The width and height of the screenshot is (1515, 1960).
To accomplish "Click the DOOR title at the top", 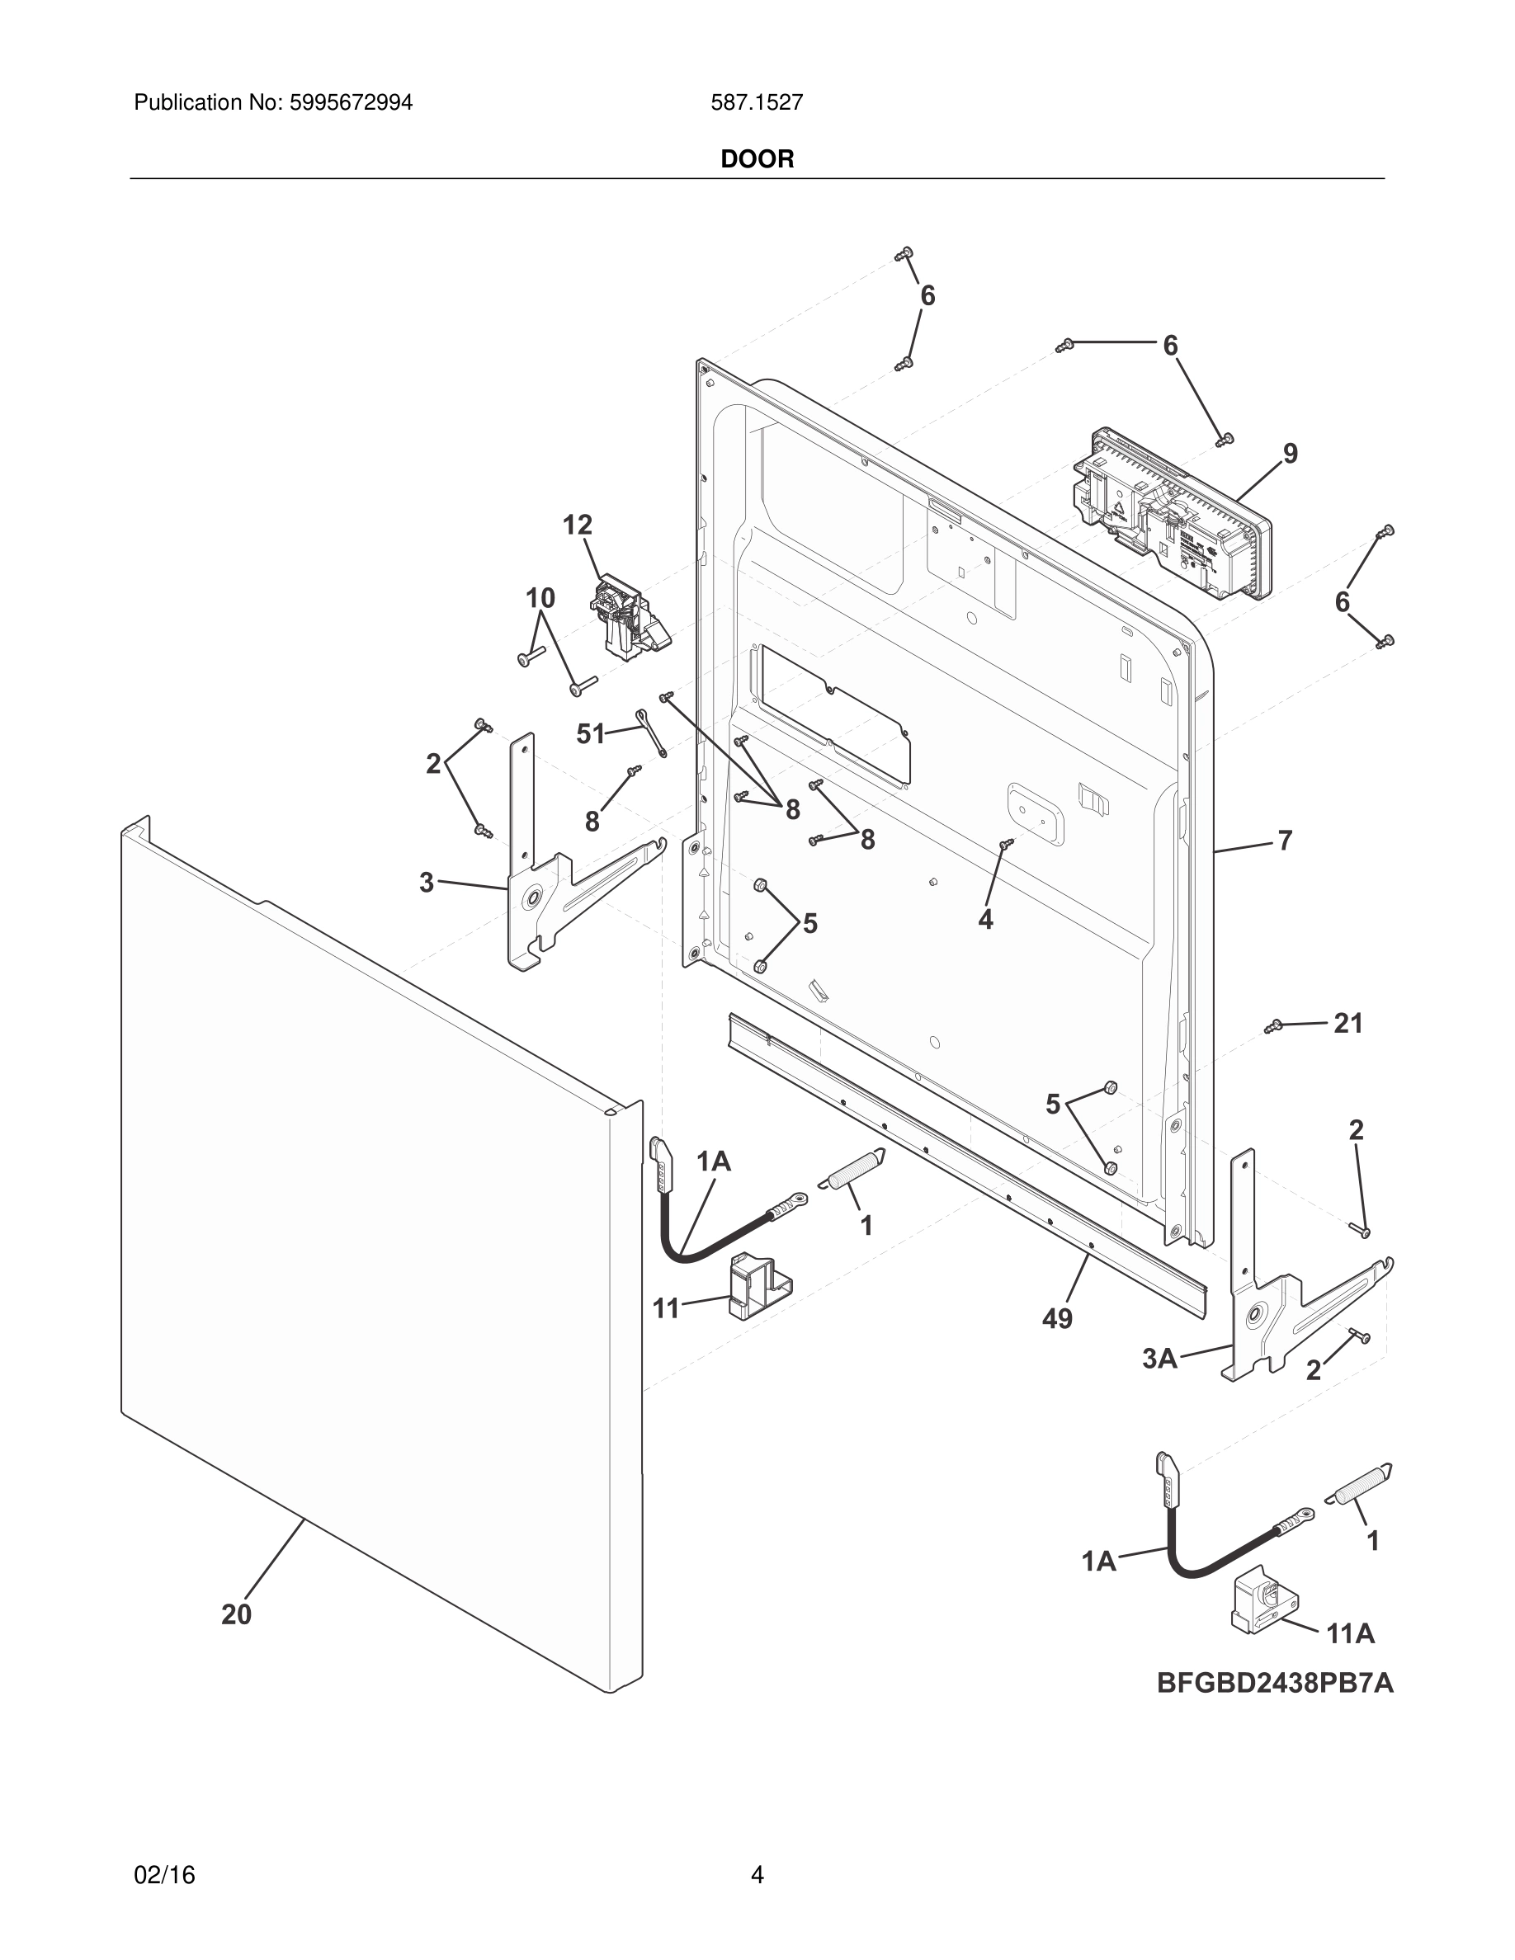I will (757, 159).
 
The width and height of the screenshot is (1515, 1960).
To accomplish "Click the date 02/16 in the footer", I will (164, 1875).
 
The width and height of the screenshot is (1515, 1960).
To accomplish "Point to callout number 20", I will (236, 1614).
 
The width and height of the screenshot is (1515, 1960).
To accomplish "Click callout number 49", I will (1057, 1318).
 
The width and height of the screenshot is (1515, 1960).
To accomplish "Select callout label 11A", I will (1351, 1634).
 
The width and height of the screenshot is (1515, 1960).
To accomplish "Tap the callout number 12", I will (578, 525).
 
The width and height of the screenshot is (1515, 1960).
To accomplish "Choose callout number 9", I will (1290, 454).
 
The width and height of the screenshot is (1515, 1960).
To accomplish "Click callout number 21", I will (1348, 1023).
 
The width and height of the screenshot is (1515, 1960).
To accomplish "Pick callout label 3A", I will (1159, 1359).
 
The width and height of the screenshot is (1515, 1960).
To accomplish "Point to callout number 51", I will (591, 734).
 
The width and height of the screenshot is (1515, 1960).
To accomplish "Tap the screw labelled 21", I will (1272, 1025).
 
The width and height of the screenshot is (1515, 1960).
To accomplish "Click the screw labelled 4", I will (1007, 844).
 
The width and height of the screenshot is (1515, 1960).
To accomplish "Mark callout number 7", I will (1284, 841).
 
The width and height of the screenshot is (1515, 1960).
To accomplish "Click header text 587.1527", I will (757, 103).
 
